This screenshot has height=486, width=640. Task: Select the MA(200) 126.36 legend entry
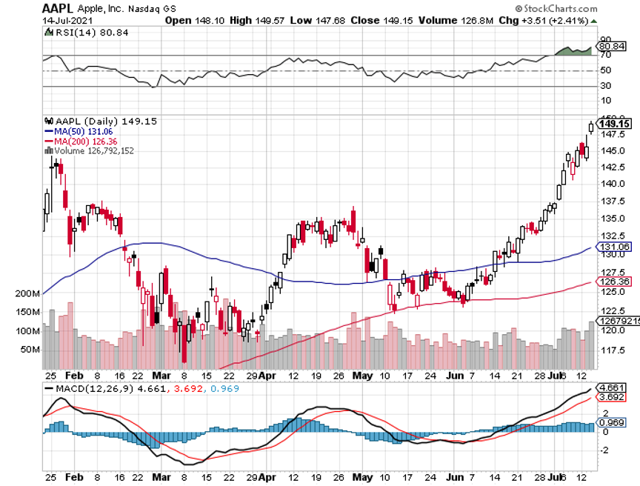tap(82, 141)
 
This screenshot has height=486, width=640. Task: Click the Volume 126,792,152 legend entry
tap(95, 150)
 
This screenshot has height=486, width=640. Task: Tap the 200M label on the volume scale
tap(27, 293)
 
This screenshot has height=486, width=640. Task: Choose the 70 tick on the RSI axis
tap(604, 55)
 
